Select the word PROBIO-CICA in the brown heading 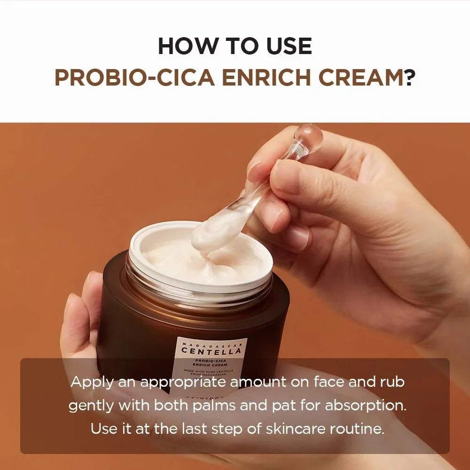pyautogui.click(x=133, y=78)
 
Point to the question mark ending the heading pyautogui.click(x=409, y=78)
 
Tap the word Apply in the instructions pyautogui.click(x=92, y=382)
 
